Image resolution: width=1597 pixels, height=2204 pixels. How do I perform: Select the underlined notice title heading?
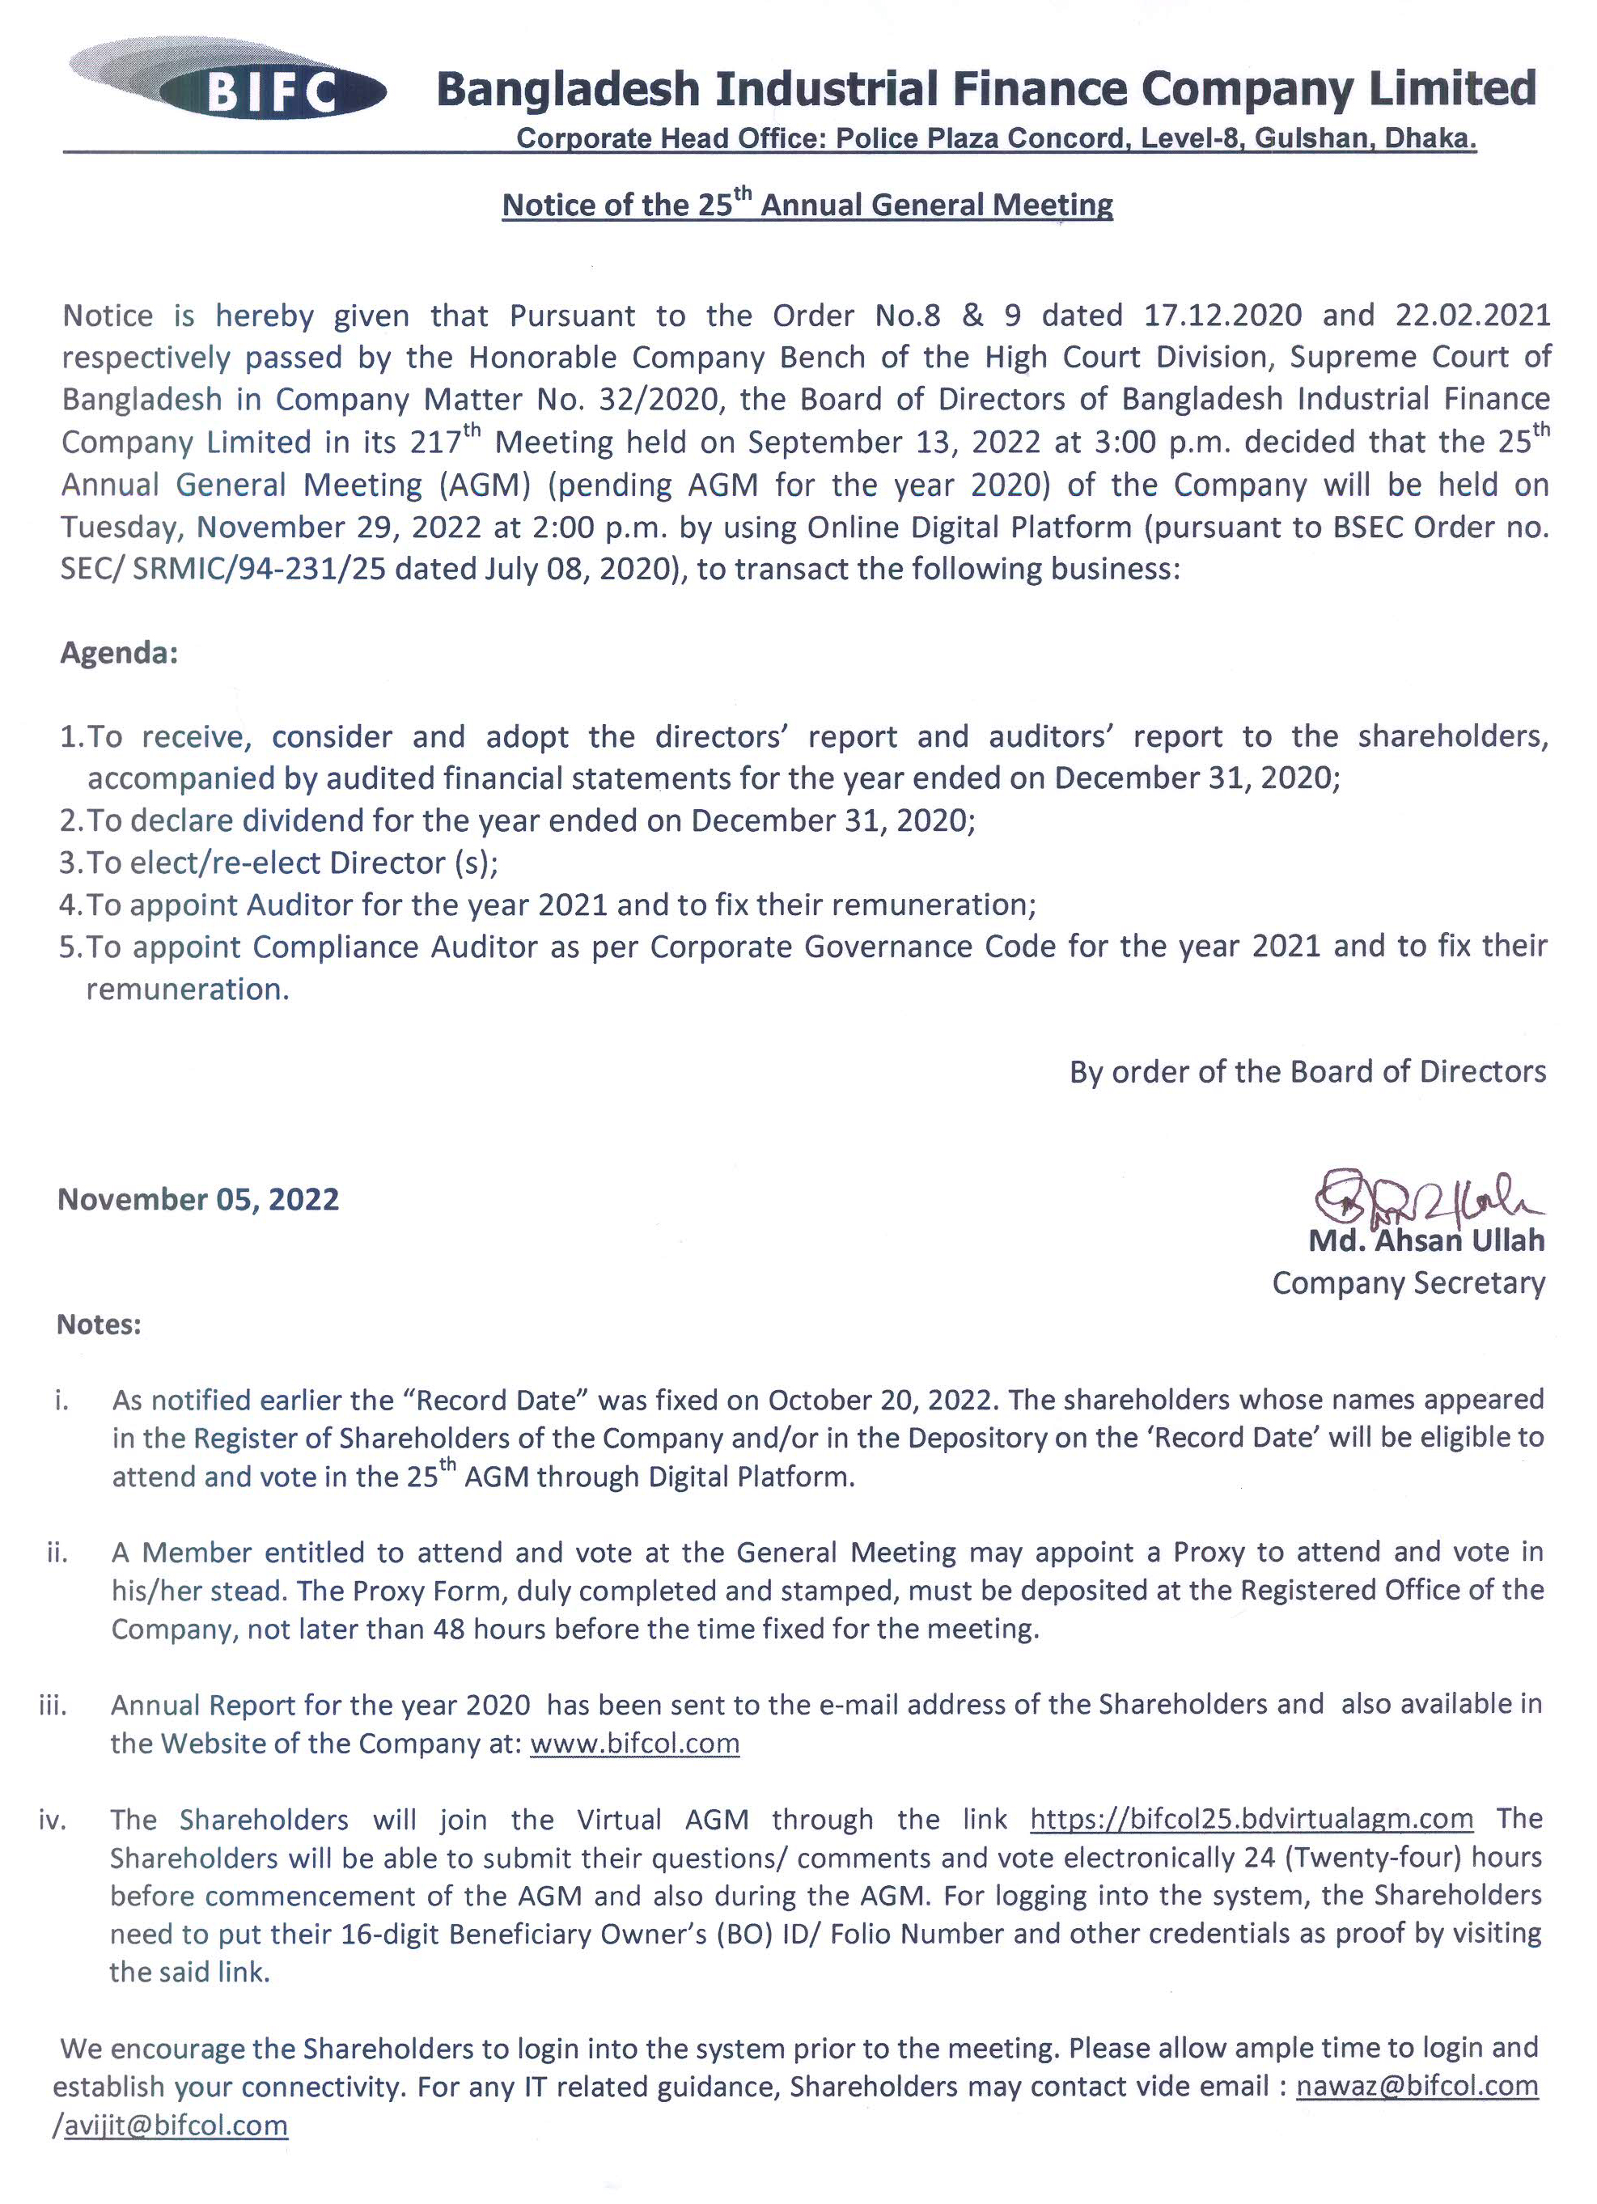click(x=807, y=205)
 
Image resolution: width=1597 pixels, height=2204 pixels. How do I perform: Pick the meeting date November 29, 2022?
click(x=338, y=527)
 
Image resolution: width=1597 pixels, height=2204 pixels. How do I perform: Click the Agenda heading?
click(x=118, y=652)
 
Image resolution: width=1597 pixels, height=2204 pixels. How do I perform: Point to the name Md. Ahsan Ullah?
click(x=1426, y=1241)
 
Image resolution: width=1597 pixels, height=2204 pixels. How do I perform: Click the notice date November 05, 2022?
click(x=198, y=1199)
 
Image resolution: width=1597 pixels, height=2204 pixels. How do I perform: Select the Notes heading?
click(x=99, y=1325)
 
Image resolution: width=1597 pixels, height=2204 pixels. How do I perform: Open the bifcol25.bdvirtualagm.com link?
click(x=1252, y=1818)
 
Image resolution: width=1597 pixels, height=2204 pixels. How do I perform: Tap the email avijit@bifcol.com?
click(x=176, y=2126)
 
